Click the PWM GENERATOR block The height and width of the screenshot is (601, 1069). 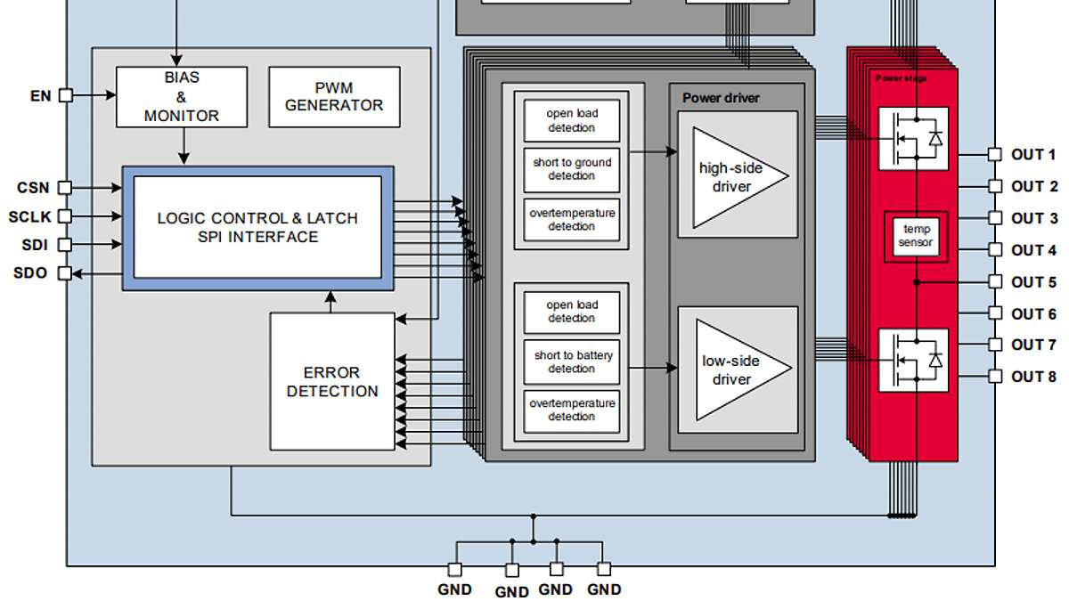(334, 97)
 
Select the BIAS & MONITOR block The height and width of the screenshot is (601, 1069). (182, 97)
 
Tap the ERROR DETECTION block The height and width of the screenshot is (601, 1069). (332, 382)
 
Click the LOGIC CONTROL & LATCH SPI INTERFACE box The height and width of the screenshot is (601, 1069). (257, 228)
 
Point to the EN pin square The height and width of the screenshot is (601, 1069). (66, 95)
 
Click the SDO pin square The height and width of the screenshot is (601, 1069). (64, 273)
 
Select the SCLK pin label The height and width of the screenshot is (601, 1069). (29, 217)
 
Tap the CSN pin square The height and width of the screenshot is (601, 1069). (64, 188)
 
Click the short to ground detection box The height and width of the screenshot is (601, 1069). (572, 170)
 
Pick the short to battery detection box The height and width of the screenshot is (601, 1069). (572, 362)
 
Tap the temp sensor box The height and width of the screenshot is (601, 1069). (916, 236)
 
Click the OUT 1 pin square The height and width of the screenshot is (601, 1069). (994, 155)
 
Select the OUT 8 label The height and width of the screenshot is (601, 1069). (1033, 377)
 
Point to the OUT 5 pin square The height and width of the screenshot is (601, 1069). (994, 281)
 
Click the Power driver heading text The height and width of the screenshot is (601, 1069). (721, 98)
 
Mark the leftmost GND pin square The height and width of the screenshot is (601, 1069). (455, 570)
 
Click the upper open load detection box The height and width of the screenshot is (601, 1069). (572, 120)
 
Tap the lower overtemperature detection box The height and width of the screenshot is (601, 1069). (572, 411)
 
